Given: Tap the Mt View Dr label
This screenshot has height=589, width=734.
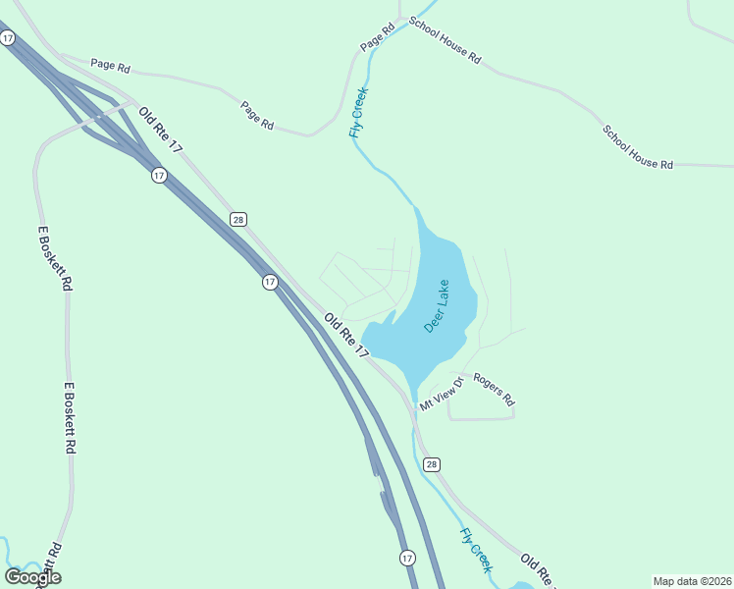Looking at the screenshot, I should tap(441, 393).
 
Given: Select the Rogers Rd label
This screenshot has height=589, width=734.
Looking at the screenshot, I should tap(494, 389).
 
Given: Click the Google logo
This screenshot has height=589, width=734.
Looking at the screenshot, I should tap(33, 577).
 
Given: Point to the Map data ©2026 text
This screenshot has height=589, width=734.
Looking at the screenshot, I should tap(691, 580).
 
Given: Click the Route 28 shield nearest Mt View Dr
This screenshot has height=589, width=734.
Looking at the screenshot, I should tap(432, 463).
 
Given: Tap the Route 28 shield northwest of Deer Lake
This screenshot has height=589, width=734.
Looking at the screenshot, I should tap(238, 219).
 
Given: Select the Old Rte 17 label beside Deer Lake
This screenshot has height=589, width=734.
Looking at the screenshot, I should tap(346, 336).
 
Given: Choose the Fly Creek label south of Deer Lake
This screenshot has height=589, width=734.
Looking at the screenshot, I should tap(476, 550).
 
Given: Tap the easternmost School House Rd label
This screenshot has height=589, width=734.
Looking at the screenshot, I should tap(638, 146).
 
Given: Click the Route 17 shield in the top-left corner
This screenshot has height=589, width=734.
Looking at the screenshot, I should tap(8, 37).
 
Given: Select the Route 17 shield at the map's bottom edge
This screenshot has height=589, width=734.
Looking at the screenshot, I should tap(407, 558).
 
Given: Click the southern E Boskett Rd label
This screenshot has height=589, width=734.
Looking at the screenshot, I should tap(70, 417).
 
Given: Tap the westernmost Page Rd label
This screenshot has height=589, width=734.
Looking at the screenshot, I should tap(110, 65).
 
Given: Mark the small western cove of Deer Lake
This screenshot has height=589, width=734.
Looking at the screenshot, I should tap(389, 320).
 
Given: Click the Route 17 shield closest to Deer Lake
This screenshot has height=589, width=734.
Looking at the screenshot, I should tap(270, 282).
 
